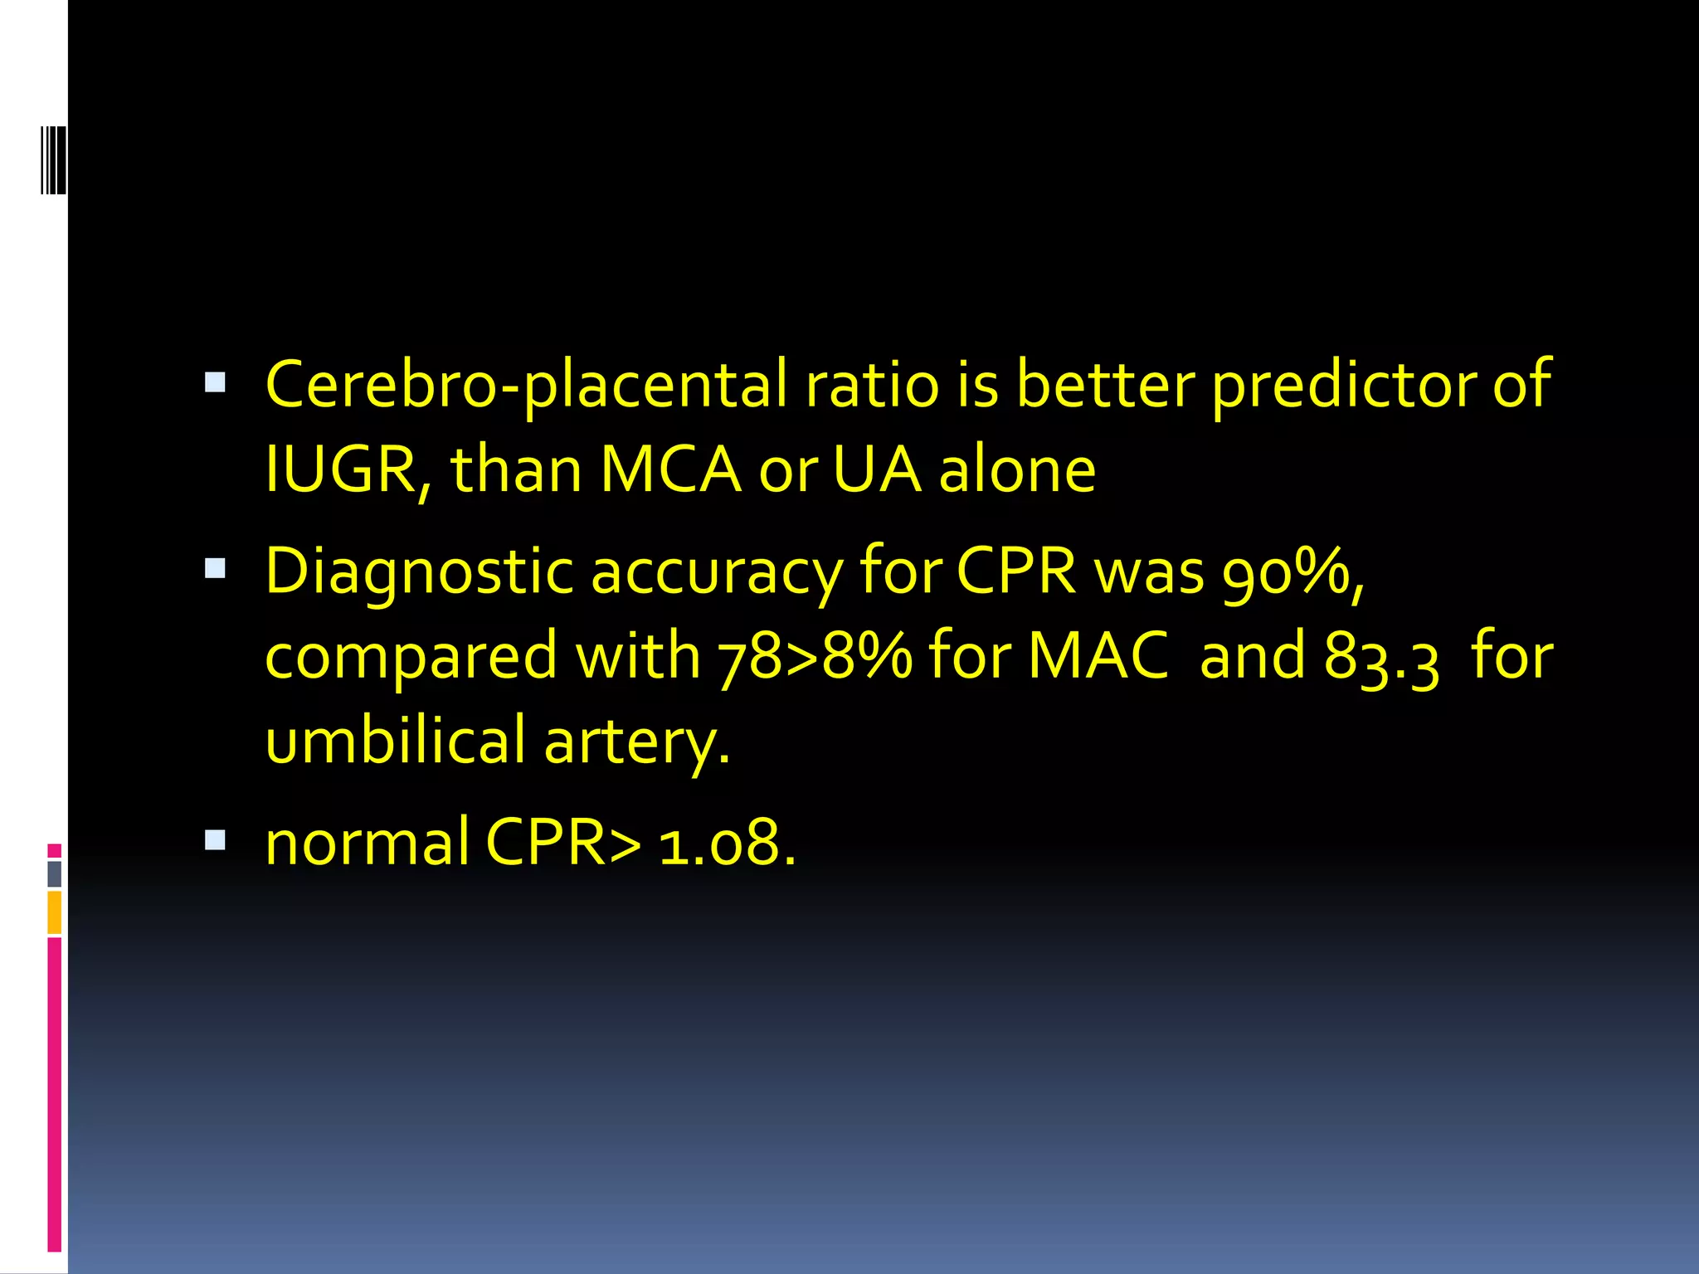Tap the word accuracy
click(x=716, y=572)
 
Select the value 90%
click(x=1293, y=572)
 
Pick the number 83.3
click(x=1381, y=659)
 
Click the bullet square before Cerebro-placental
click(x=215, y=382)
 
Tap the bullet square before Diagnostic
click(x=215, y=568)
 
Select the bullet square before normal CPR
click(x=215, y=840)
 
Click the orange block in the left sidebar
click(x=55, y=912)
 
